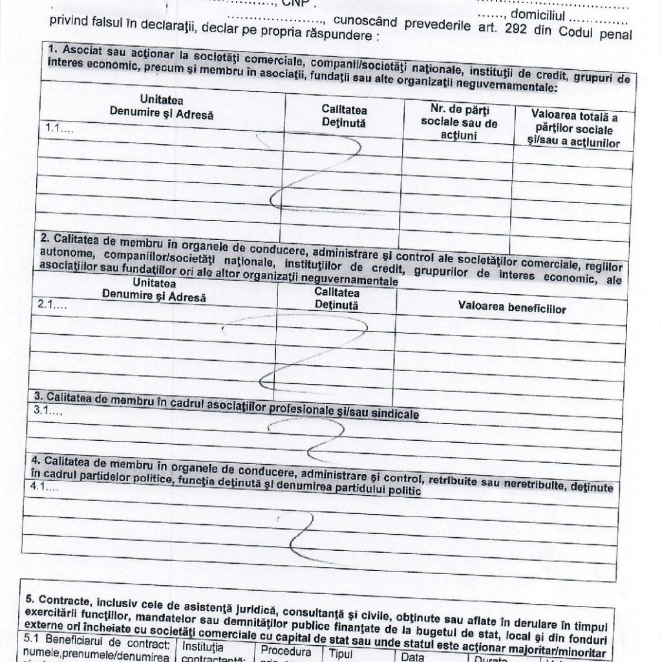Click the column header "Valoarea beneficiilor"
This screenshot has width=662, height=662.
511,309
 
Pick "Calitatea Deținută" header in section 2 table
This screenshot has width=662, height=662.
336,299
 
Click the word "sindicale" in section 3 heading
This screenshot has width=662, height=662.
390,412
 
